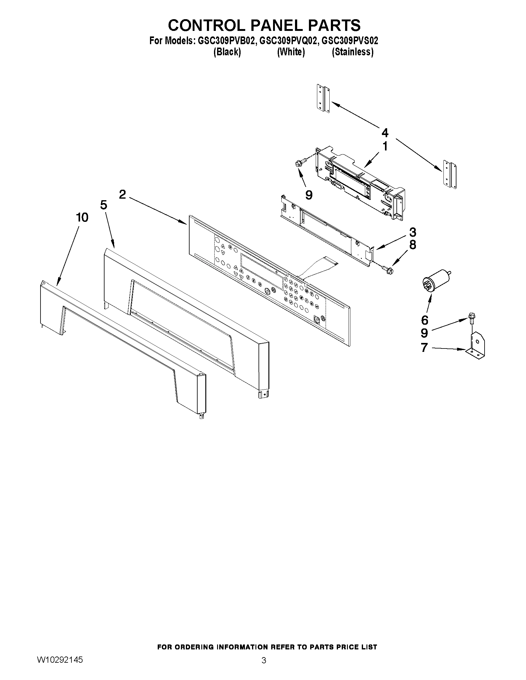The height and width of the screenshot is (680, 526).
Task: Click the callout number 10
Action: (x=82, y=218)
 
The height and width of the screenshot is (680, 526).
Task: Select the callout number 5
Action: (x=104, y=205)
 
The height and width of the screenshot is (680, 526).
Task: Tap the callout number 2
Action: (x=122, y=195)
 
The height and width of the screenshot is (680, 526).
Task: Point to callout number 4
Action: (x=385, y=133)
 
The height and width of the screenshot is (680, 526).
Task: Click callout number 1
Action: (x=385, y=146)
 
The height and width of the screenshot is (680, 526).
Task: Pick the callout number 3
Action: (x=412, y=232)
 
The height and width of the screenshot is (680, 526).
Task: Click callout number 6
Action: (x=425, y=320)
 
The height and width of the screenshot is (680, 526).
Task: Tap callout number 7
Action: (x=424, y=348)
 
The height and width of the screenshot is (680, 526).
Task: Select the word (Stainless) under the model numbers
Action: (x=353, y=52)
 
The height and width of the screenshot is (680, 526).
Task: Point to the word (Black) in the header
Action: (x=227, y=52)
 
